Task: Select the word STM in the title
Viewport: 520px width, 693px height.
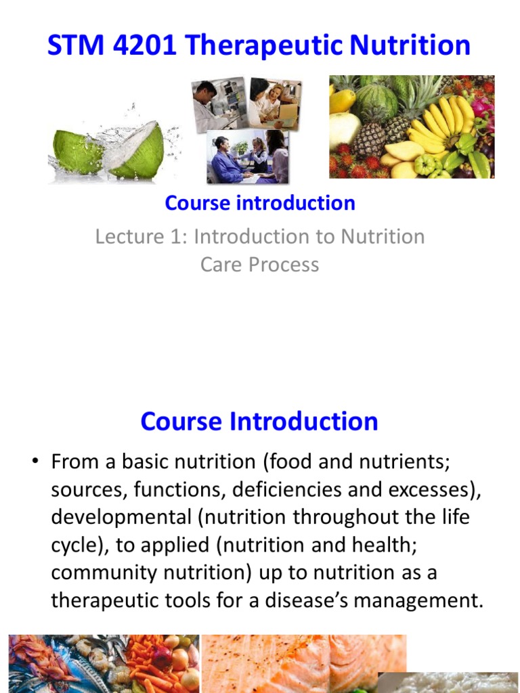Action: (x=70, y=46)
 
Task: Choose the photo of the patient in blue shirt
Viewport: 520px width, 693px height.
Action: (x=247, y=158)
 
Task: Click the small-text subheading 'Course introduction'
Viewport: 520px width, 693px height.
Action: (x=260, y=203)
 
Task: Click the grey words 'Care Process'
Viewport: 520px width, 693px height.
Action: (x=259, y=264)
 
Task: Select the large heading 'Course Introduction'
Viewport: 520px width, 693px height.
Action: (x=259, y=421)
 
